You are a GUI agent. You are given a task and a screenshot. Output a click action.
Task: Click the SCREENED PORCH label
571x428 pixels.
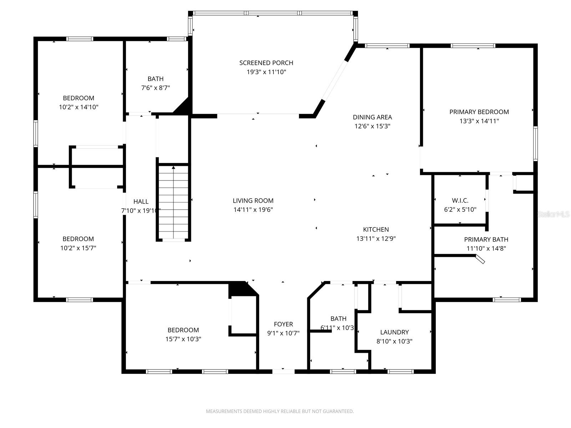(266, 63)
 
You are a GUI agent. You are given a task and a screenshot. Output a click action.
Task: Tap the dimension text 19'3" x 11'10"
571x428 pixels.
(266, 72)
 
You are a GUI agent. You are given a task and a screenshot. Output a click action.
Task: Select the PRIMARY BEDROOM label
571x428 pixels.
(479, 112)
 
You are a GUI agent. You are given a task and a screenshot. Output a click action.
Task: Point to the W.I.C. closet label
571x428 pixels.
(460, 200)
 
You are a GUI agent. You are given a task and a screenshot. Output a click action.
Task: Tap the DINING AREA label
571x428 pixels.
(372, 117)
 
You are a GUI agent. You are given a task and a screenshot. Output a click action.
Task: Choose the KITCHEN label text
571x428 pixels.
(376, 229)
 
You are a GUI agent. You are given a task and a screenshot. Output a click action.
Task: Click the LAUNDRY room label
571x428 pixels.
(394, 332)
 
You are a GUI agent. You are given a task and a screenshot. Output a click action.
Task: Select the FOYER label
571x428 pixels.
(283, 324)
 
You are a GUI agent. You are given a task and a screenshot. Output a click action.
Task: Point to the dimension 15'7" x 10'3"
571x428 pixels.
(183, 339)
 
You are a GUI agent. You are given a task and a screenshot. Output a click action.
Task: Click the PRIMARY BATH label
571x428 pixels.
(486, 239)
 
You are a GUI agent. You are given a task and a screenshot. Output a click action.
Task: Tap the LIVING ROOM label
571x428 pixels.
(253, 201)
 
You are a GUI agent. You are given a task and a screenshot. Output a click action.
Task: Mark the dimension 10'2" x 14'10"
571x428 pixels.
(79, 107)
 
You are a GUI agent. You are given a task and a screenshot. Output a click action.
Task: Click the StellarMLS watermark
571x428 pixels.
(554, 214)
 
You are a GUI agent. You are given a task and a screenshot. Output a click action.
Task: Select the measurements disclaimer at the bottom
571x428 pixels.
(280, 411)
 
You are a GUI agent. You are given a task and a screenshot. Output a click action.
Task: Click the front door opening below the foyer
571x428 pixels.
(283, 371)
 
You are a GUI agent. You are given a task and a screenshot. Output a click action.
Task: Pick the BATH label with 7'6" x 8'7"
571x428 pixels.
(156, 79)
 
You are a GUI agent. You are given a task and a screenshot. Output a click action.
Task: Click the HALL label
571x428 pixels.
(141, 202)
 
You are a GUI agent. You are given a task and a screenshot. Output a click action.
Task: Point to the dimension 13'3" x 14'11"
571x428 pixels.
(479, 121)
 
